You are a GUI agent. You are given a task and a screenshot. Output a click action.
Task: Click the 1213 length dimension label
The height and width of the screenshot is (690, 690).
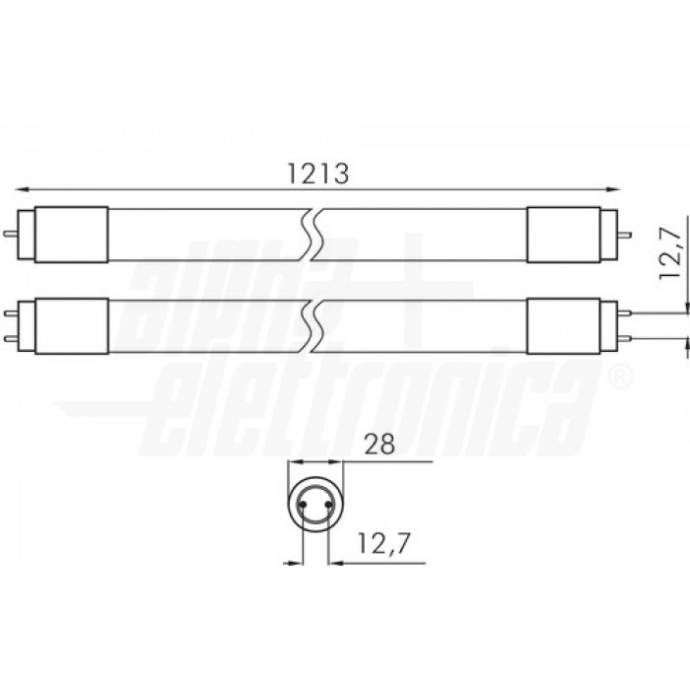(316, 172)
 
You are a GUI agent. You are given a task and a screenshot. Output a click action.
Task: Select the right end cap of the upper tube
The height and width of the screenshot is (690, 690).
(560, 235)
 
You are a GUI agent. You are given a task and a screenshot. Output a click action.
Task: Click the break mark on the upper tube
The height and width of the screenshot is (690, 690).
(313, 235)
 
